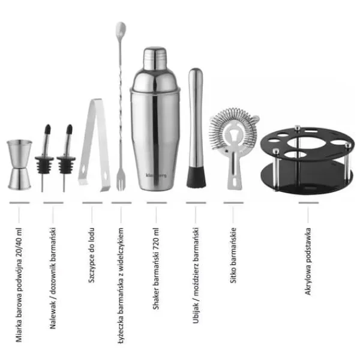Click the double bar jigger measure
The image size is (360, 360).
coord(20,164)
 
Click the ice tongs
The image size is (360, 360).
coord(95,145)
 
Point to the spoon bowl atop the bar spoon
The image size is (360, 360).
coord(121,29)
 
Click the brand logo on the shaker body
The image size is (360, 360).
coord(156,175)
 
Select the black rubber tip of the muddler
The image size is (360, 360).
coord(196,177)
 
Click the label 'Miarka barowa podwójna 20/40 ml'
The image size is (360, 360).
coord(19,285)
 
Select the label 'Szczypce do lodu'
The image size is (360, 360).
coord(92,255)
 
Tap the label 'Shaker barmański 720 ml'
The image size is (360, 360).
coord(156,269)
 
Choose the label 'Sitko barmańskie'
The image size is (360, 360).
coord(233,256)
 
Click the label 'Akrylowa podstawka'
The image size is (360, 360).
coord(308,261)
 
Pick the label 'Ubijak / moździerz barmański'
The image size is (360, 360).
coord(196,275)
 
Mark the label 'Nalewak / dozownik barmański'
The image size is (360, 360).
coord(53,278)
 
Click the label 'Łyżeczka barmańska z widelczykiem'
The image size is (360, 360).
coord(121,286)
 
